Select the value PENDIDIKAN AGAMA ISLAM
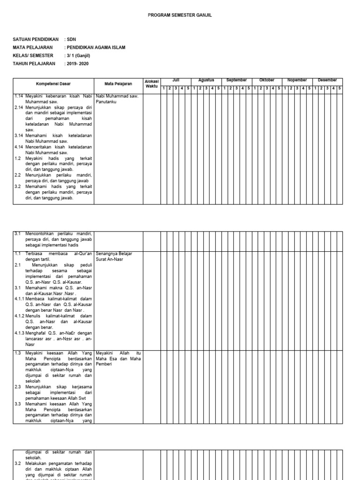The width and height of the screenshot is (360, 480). [97, 48]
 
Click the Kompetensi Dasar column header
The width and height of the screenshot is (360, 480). [53, 84]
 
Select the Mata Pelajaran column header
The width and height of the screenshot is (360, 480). [118, 84]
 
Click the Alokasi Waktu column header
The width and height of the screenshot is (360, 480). [151, 83]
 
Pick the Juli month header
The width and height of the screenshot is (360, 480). [176, 80]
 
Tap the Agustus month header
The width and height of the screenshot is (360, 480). [206, 80]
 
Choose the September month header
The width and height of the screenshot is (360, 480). [236, 80]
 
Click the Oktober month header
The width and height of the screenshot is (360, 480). [267, 80]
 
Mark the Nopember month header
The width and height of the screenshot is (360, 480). [297, 80]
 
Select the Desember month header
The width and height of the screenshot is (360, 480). [327, 80]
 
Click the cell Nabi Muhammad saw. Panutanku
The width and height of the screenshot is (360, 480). [117, 98]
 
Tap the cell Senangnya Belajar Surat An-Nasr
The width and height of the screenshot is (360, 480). [114, 256]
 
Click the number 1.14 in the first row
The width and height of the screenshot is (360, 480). [19, 96]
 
